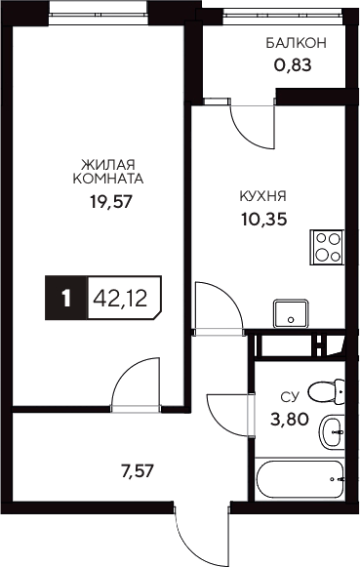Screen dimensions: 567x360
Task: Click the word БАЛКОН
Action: (296, 44)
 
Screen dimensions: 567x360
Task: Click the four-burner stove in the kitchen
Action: (328, 247)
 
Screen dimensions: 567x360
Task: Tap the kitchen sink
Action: (289, 314)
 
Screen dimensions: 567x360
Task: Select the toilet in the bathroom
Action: (326, 393)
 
